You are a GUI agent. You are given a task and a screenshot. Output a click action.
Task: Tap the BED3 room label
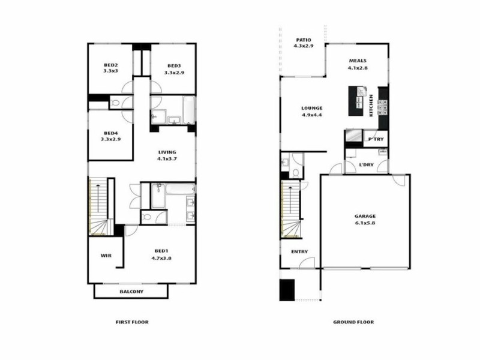pyautogui.click(x=174, y=66)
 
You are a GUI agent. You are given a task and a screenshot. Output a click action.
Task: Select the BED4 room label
pyautogui.click(x=110, y=133)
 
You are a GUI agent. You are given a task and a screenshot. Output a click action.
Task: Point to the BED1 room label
pyautogui.click(x=161, y=251)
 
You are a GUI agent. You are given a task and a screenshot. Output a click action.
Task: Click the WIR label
pyautogui.click(x=106, y=256)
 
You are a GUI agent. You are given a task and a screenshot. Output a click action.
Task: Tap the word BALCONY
pyautogui.click(x=131, y=292)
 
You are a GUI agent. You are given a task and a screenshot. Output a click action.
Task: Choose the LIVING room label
pyautogui.click(x=167, y=152)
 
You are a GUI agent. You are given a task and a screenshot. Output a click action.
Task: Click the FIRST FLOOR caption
pyautogui.click(x=132, y=322)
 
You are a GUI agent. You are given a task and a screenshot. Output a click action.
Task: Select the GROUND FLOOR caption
pyautogui.click(x=353, y=322)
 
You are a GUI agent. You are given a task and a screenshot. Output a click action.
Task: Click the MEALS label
pyautogui.click(x=358, y=61)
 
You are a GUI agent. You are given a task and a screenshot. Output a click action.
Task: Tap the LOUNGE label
pyautogui.click(x=312, y=109)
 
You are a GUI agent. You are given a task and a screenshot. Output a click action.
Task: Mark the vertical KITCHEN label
pyautogui.click(x=372, y=105)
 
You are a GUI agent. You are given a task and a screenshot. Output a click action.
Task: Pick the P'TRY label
pyautogui.click(x=376, y=140)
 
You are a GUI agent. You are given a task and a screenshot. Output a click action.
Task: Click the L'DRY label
pyautogui.click(x=367, y=164)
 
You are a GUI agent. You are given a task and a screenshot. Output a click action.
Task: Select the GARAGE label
pyautogui.click(x=364, y=215)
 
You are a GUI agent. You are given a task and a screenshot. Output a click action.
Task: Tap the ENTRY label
pyautogui.click(x=299, y=252)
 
